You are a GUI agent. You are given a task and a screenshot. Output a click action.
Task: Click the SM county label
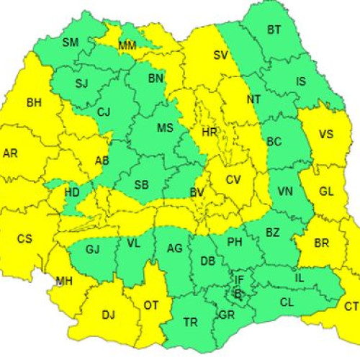click(x=70, y=42)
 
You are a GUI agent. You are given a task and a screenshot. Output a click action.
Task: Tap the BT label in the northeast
click(x=274, y=30)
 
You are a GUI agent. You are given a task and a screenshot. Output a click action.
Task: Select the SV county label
click(x=220, y=55)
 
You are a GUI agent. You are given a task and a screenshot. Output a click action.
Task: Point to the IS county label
click(x=301, y=81)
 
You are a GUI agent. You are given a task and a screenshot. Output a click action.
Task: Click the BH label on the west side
click(x=34, y=103)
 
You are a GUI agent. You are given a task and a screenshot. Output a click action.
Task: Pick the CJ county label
click(x=104, y=112)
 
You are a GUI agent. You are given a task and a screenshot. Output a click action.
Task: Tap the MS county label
click(x=166, y=128)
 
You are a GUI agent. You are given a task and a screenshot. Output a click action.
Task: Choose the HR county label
click(x=210, y=132)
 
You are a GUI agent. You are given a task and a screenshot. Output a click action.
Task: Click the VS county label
click(x=326, y=135)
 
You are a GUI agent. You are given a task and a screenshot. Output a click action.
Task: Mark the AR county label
click(x=11, y=153)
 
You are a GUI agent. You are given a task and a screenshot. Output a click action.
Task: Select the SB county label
click(x=141, y=185)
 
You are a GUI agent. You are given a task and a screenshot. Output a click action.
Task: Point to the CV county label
click(x=233, y=179)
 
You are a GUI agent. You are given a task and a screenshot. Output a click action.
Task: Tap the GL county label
click(x=326, y=192)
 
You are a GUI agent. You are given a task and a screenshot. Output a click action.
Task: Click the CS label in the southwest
click(x=24, y=238)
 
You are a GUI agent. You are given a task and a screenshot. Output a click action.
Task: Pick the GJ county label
click(x=92, y=249)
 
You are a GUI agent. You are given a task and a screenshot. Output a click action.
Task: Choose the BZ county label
click(x=272, y=233)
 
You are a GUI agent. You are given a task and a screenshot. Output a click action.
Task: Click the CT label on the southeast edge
click(x=351, y=307)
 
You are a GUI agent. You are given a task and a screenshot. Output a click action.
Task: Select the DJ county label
click(x=108, y=315)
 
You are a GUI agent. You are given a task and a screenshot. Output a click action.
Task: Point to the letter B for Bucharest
click(x=238, y=293)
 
